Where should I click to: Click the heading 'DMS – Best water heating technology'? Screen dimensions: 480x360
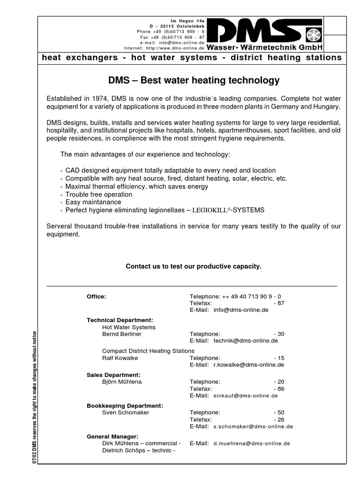(194, 81)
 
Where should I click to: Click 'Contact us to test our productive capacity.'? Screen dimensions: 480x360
(194, 266)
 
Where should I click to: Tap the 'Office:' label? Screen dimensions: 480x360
(97, 296)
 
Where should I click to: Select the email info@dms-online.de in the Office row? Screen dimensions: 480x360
(240, 310)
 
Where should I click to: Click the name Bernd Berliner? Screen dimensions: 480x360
(121, 334)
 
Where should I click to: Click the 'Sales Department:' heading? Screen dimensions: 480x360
(113, 375)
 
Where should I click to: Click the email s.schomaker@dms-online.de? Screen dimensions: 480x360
(253, 427)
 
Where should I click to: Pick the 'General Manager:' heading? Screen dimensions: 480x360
(112, 436)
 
